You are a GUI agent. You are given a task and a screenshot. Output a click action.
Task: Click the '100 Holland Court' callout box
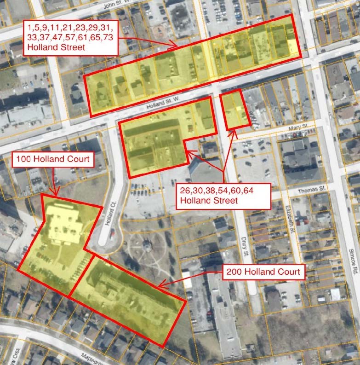(53, 161)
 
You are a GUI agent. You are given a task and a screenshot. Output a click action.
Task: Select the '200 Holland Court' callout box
(263, 272)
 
